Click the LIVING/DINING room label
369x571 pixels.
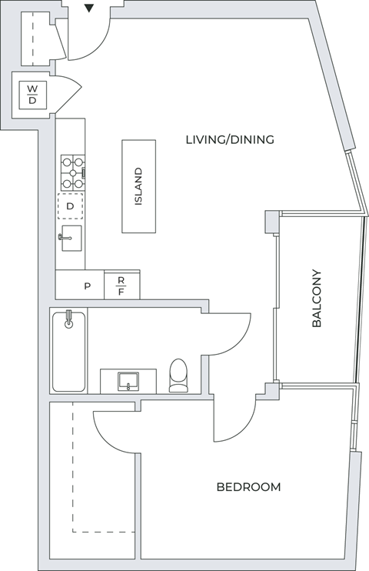(230, 139)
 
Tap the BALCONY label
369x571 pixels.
(316, 299)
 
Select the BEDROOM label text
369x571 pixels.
(248, 487)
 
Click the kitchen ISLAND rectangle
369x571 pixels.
(138, 186)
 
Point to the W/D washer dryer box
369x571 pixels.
(32, 94)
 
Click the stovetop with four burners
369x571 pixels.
(73, 173)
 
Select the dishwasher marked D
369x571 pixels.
(70, 206)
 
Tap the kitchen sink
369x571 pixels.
(71, 239)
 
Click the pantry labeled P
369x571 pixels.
(87, 286)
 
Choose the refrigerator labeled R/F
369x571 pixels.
(121, 286)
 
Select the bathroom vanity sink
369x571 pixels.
(128, 380)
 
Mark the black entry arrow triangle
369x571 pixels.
(89, 8)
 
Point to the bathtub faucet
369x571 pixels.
(68, 319)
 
